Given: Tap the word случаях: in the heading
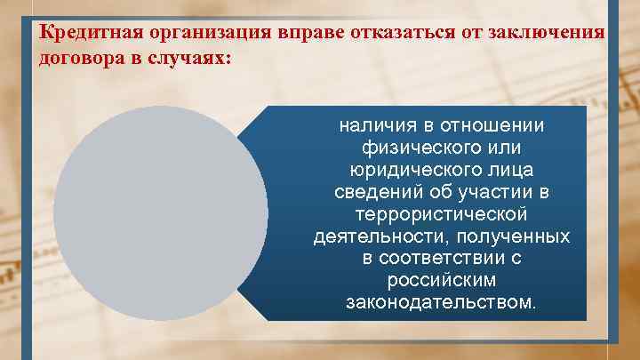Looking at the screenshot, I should point(191,56).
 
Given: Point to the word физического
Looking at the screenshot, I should point(418,148).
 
